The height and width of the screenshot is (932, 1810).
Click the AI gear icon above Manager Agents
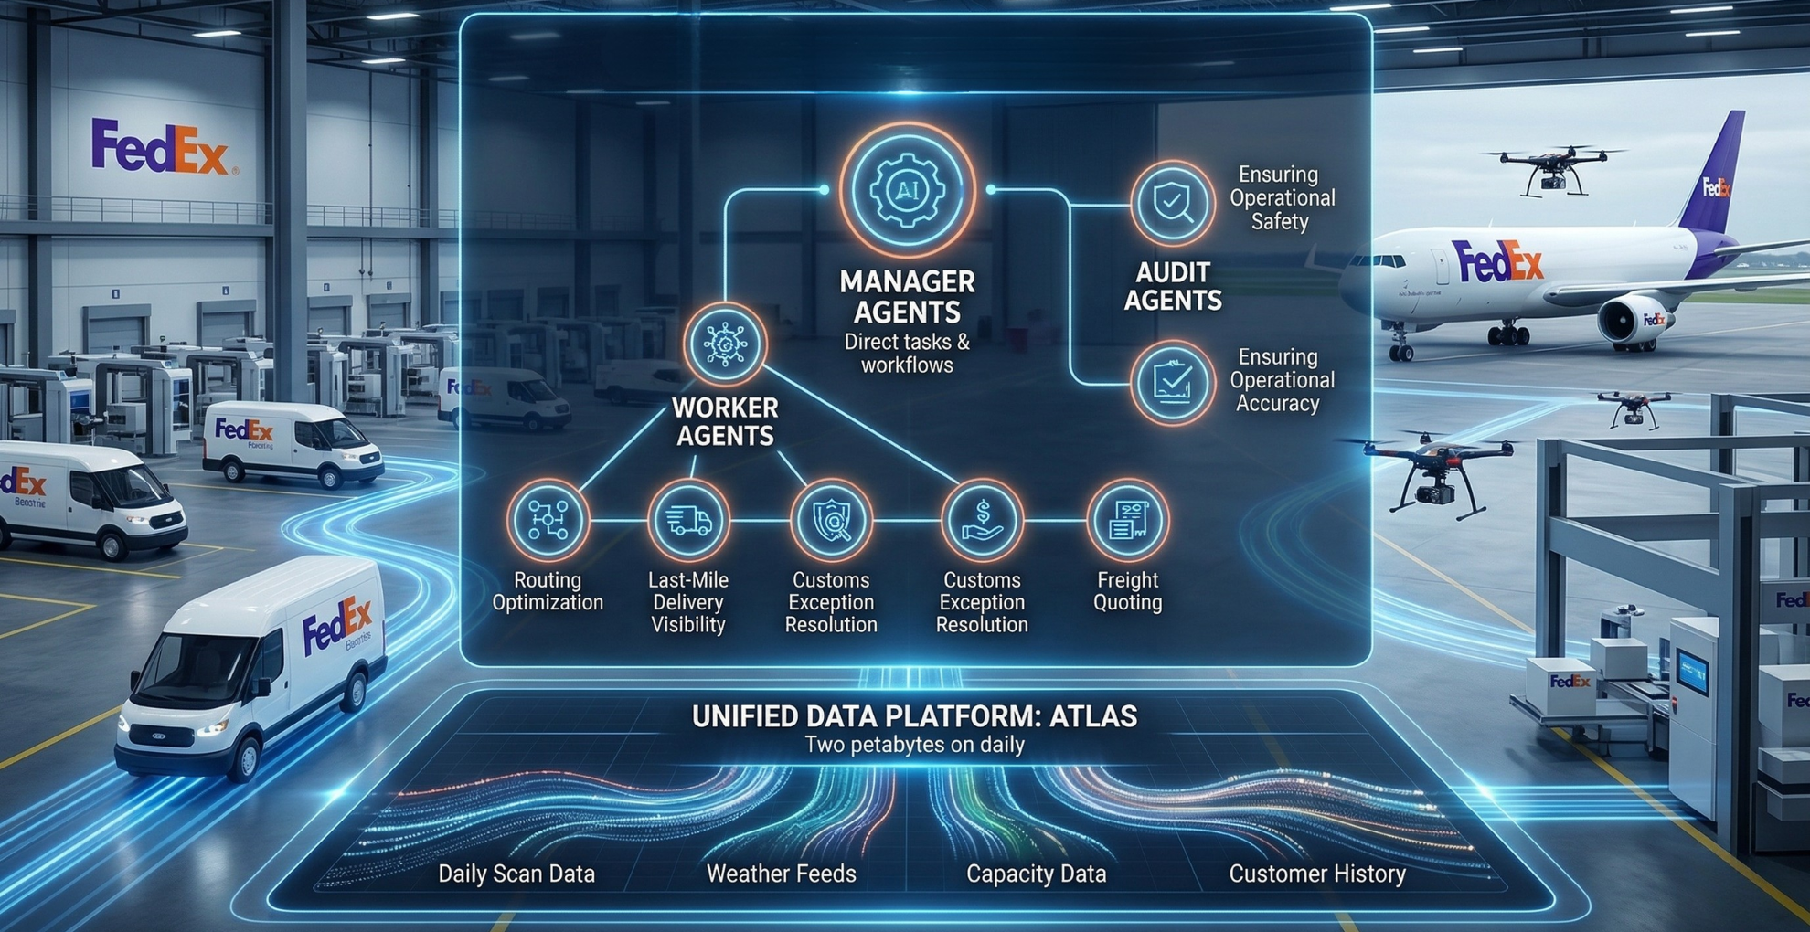[x=907, y=190]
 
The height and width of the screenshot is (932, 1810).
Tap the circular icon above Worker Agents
[x=725, y=344]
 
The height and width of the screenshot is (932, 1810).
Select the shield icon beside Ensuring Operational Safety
[x=1172, y=203]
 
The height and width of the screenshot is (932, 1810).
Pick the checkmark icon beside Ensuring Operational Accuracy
[x=1172, y=382]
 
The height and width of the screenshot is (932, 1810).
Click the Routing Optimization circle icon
[x=548, y=520]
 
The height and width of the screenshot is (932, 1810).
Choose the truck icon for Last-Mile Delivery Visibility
[x=688, y=520]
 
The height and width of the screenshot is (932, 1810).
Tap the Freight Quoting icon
[x=1127, y=520]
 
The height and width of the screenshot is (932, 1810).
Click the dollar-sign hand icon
[x=982, y=520]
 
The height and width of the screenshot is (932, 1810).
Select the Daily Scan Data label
[x=516, y=874]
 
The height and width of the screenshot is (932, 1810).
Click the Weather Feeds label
[x=782, y=874]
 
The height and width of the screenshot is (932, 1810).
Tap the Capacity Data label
[x=1036, y=874]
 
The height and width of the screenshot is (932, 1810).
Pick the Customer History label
[x=1317, y=874]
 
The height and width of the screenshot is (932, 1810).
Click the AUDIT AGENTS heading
[x=1173, y=286]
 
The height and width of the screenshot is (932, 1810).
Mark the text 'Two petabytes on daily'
[x=914, y=745]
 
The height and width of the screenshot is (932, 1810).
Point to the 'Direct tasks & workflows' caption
[x=907, y=354]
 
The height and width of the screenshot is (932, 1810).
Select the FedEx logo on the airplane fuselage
[x=1497, y=262]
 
